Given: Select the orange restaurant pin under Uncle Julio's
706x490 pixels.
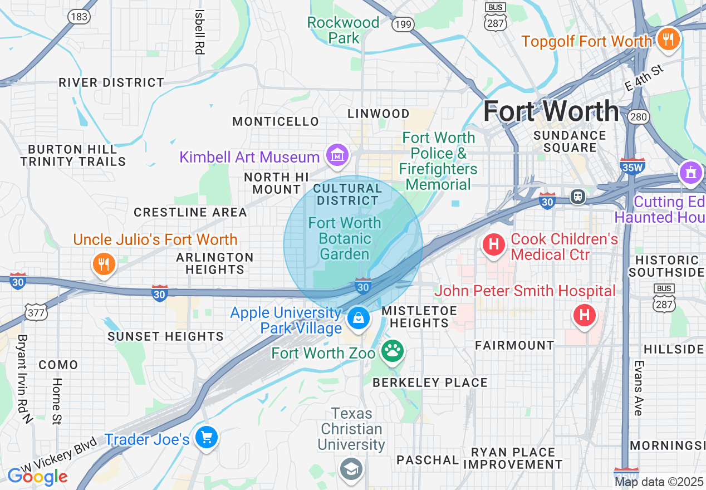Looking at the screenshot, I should pos(103,264).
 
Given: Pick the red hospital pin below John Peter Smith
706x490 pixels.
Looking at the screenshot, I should pos(584,316).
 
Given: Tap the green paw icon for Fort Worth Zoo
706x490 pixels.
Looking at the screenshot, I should pos(393,351).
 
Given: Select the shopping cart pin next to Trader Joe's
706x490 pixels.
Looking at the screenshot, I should pos(207,438).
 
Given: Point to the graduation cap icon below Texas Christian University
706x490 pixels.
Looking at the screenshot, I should pos(351,468).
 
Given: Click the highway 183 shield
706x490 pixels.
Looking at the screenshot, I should pos(79,16).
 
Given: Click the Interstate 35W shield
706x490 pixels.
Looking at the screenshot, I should pos(632,166).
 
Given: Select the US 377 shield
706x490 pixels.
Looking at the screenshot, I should pos(36,312).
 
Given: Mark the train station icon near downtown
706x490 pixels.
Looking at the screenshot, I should pos(578,196).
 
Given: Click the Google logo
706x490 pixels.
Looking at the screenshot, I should pos(37,477).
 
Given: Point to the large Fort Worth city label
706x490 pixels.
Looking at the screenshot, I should pos(551,111).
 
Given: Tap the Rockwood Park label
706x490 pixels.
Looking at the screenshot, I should pos(344,30).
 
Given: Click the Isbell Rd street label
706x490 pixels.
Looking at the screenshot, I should pos(199,32).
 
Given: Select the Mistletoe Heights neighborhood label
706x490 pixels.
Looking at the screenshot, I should pos(419,316).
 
